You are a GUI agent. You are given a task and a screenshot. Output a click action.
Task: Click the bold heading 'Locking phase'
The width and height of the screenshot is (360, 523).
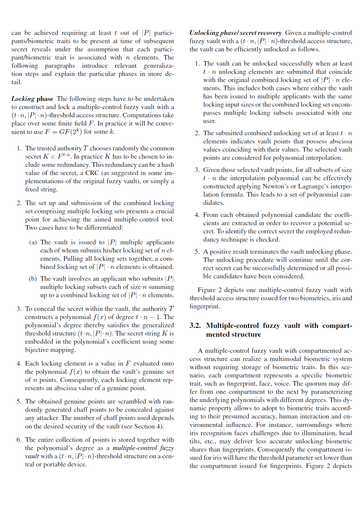pyautogui.click(x=32, y=99)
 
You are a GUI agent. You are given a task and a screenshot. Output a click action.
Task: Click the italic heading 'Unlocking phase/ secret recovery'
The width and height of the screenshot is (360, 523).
pyautogui.click(x=235, y=33)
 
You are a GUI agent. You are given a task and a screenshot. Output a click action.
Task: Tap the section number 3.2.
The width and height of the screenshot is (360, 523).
pyautogui.click(x=195, y=326)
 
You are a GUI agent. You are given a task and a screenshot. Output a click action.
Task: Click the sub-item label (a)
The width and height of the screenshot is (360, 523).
pyautogui.click(x=33, y=242)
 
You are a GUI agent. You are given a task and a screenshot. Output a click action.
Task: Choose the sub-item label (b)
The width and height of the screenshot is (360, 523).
pyautogui.click(x=33, y=279)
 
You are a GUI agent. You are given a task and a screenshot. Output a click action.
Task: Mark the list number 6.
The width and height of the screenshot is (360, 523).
pyautogui.click(x=19, y=440)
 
